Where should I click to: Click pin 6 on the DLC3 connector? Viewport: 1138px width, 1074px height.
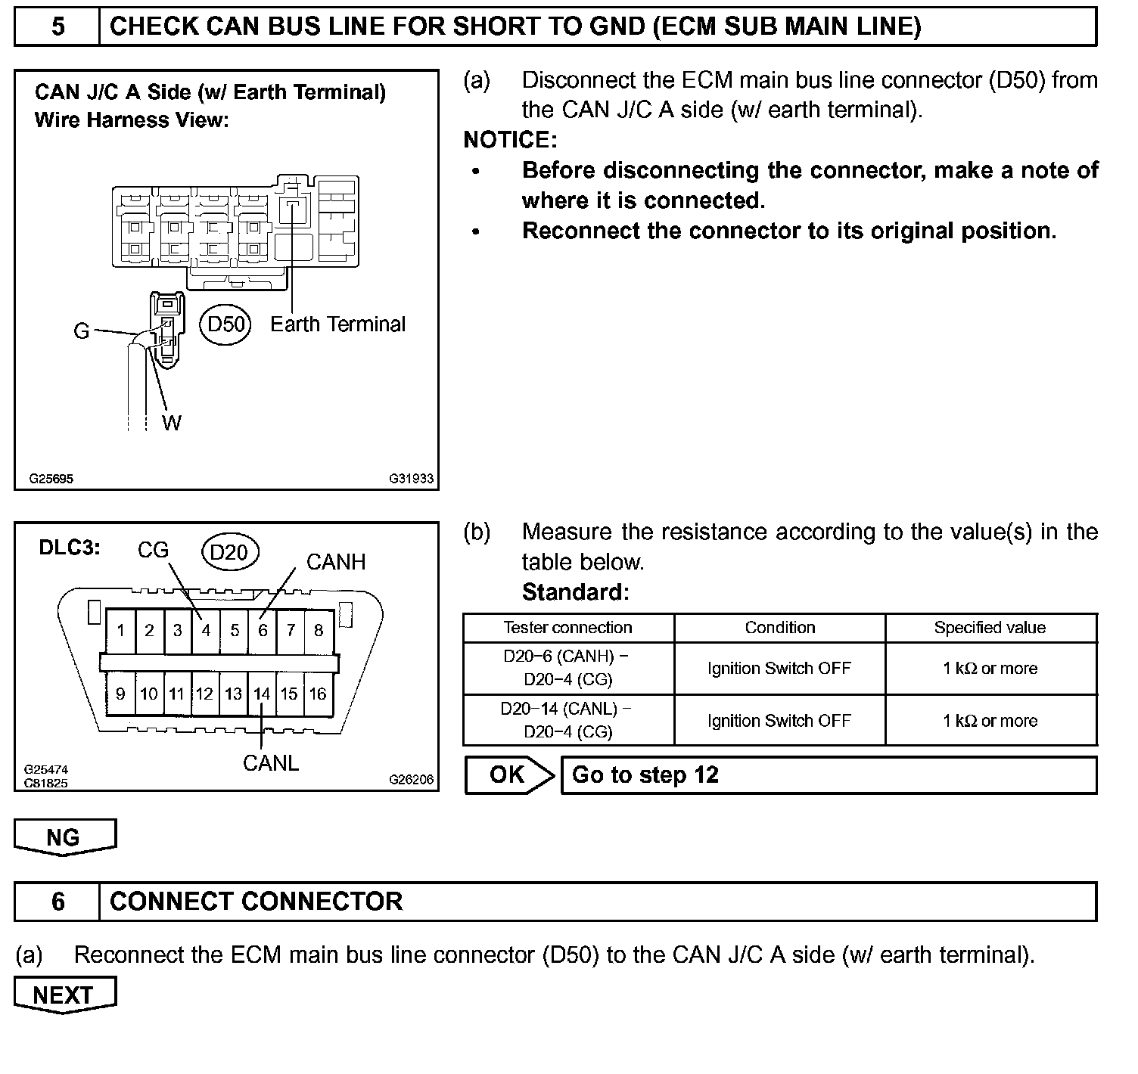click(x=263, y=630)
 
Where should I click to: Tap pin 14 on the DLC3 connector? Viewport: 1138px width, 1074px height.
click(x=262, y=694)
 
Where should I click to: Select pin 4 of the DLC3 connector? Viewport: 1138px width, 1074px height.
click(x=206, y=630)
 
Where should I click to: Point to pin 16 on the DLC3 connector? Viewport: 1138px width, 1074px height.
click(x=318, y=694)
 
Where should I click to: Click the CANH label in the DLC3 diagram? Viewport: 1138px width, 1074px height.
click(x=335, y=562)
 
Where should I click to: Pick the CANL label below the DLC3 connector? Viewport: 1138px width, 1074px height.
click(x=271, y=763)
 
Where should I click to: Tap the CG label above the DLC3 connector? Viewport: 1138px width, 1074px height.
click(x=153, y=551)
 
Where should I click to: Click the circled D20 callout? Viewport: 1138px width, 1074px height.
click(x=229, y=552)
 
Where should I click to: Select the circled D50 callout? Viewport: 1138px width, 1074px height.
click(x=226, y=324)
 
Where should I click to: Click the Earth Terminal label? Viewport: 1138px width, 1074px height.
click(x=337, y=324)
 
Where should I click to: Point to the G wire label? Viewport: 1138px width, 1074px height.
click(x=81, y=331)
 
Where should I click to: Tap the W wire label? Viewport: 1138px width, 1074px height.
click(x=172, y=423)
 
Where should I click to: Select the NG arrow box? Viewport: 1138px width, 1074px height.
click(x=64, y=837)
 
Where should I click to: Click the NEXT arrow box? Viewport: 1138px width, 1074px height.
click(x=64, y=995)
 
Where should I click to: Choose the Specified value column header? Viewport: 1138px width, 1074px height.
click(x=990, y=628)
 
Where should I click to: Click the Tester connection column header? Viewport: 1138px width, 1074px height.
click(x=567, y=628)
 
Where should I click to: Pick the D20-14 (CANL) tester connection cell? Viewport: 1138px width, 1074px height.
click(x=567, y=721)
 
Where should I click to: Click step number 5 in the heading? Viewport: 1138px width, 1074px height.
click(x=58, y=28)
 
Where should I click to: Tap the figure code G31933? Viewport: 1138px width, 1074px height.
click(x=412, y=479)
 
